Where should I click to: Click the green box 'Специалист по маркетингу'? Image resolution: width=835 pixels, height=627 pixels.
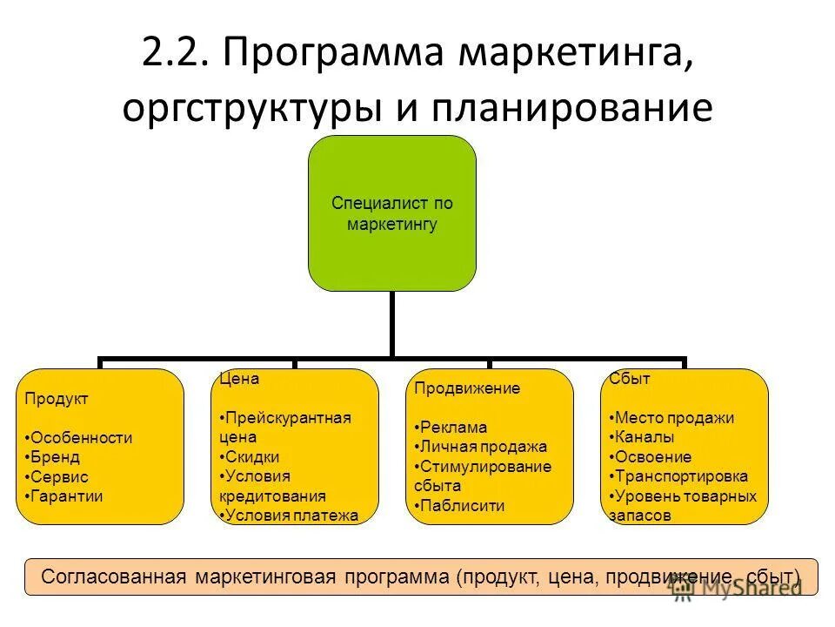coord(392,213)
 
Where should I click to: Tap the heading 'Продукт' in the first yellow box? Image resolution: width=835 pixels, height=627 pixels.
coord(57,398)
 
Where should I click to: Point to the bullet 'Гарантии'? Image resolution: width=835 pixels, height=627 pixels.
coord(67,496)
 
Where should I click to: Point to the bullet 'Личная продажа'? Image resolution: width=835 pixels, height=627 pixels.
coord(483,447)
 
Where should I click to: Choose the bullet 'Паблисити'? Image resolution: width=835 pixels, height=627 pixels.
coord(461,506)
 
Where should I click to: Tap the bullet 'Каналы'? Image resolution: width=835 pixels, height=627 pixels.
coord(645,437)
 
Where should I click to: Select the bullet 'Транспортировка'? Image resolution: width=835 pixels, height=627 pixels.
coord(681,476)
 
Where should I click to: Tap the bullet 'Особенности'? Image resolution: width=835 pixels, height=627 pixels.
coord(81,438)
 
